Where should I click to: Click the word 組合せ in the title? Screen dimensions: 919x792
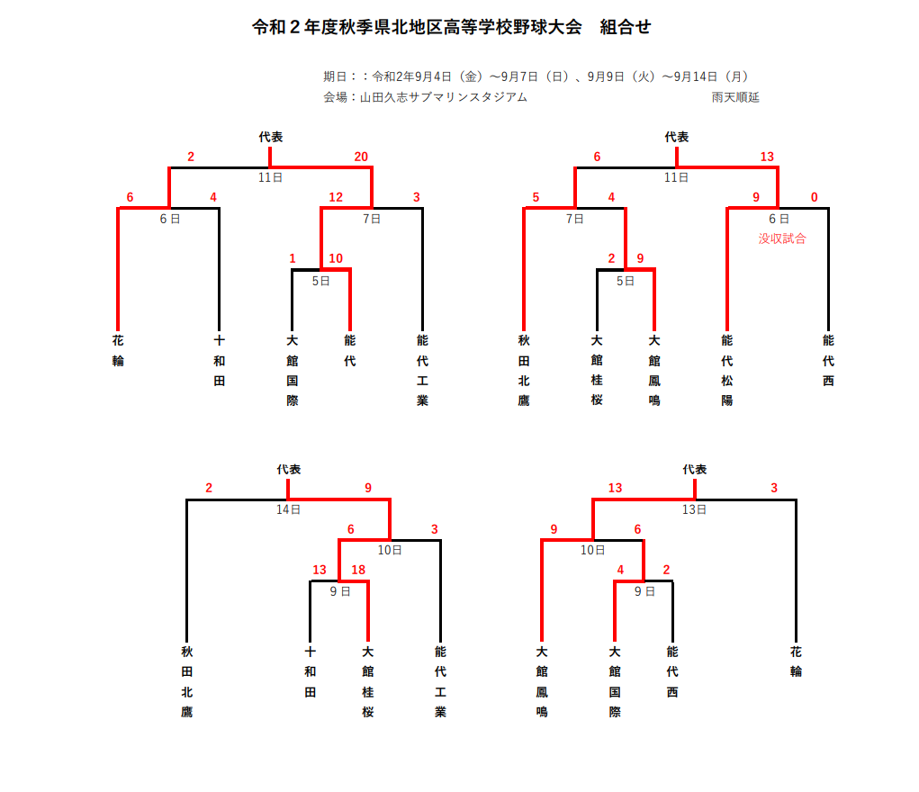tap(625, 27)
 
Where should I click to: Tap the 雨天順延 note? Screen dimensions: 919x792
tap(735, 97)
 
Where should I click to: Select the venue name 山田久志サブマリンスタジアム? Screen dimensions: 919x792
tap(443, 97)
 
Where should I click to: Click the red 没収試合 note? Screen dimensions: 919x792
tap(782, 238)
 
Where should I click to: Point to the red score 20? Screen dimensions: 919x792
tap(361, 157)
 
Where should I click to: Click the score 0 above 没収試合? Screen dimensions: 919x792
tap(814, 197)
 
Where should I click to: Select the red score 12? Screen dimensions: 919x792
tap(336, 197)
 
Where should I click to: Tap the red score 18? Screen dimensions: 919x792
tap(358, 570)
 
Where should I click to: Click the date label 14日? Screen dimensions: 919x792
tap(288, 509)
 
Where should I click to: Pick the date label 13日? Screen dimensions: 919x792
tap(694, 509)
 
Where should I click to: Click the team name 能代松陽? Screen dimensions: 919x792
tap(726, 370)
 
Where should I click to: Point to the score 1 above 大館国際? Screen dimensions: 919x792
tap(293, 258)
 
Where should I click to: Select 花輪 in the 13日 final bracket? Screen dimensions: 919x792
tap(796, 661)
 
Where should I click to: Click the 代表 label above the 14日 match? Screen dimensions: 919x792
tap(289, 470)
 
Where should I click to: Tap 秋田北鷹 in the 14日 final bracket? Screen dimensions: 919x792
tap(187, 681)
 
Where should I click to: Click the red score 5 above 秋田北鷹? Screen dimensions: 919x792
tap(536, 197)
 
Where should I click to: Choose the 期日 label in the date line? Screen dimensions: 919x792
tap(335, 76)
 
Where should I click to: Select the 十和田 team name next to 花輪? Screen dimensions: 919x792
tap(220, 360)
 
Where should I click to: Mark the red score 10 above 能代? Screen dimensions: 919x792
tap(336, 258)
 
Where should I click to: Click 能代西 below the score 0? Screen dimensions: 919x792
tap(828, 360)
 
